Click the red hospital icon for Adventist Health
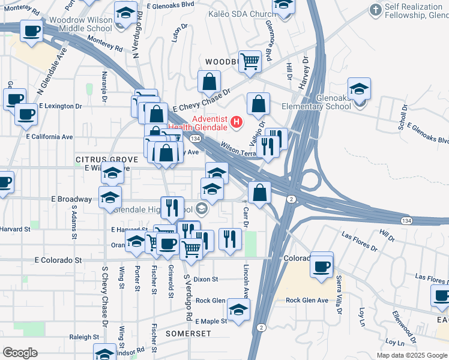point(237,122)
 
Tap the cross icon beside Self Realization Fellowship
point(376,10)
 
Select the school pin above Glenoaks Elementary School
point(359,89)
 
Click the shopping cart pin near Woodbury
point(250,60)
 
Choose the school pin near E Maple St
point(238,311)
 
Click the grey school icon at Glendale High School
point(202,209)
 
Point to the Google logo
point(20,353)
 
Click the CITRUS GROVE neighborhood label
point(107,159)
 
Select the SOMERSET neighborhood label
point(187,332)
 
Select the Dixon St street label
point(206,279)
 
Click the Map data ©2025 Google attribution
point(411,355)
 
